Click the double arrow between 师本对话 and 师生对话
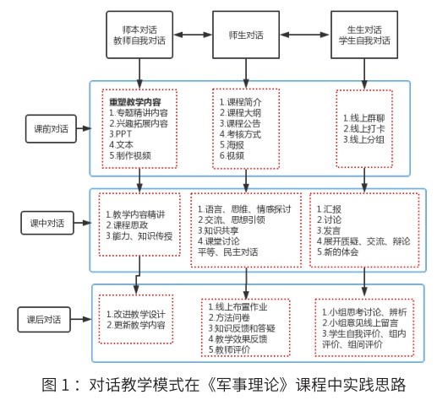(193, 35)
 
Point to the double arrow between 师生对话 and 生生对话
(305, 35)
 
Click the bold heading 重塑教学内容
(135, 102)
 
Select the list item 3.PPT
(120, 134)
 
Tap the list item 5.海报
(232, 145)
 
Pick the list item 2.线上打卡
(363, 129)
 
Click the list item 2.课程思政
(127, 225)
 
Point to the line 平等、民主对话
(227, 251)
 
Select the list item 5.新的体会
(337, 251)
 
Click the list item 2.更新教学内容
(136, 325)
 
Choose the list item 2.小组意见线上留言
(360, 322)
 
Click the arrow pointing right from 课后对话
(81, 319)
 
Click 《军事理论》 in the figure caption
(249, 385)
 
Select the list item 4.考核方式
(240, 134)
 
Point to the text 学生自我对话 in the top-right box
(364, 41)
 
